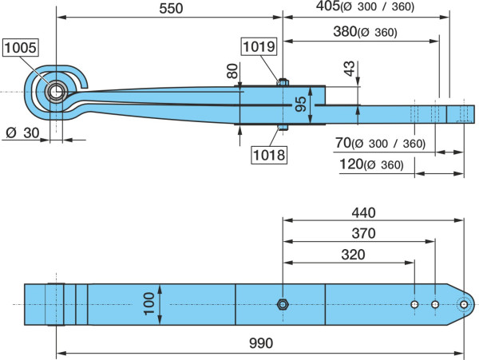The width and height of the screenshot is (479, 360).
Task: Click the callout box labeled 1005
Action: (21, 47)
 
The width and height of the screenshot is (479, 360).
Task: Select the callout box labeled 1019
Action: (259, 46)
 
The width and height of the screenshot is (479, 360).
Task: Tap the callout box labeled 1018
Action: (269, 155)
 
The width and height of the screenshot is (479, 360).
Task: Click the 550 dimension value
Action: (171, 9)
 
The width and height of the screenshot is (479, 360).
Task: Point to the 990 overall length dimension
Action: (261, 343)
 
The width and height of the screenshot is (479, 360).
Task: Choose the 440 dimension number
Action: (363, 212)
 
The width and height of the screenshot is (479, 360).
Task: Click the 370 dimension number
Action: (363, 233)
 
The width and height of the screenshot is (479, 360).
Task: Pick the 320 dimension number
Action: (353, 255)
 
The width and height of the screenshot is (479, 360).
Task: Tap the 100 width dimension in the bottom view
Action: (149, 303)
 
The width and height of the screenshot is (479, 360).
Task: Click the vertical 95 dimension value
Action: (301, 104)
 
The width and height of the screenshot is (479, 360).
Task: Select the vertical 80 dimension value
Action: (232, 71)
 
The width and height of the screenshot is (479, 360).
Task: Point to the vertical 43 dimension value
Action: (350, 69)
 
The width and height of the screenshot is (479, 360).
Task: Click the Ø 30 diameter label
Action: (22, 133)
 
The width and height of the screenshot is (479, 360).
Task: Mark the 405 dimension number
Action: (328, 6)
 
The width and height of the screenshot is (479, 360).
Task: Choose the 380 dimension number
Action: (345, 31)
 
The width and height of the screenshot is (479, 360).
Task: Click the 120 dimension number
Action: (351, 164)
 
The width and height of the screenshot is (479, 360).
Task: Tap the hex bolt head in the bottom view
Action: (282, 304)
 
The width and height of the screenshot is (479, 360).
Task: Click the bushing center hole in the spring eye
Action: (56, 92)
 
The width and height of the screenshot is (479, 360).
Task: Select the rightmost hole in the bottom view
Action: (464, 304)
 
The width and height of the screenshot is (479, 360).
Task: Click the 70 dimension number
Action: (342, 143)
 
